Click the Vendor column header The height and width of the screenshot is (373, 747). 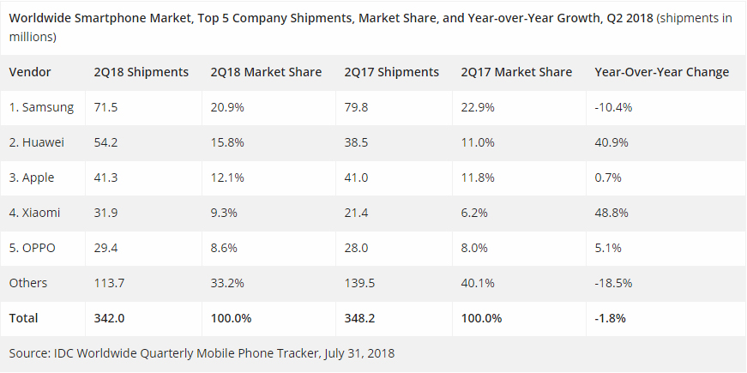click(30, 72)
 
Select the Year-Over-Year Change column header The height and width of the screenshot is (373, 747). click(661, 72)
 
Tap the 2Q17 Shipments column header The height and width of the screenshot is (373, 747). click(391, 72)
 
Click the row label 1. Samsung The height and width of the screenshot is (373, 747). click(41, 107)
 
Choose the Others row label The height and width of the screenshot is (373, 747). click(28, 283)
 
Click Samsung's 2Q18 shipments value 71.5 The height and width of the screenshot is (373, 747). click(106, 107)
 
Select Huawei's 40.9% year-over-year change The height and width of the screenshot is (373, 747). click(611, 142)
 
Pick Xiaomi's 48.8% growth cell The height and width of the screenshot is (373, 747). click(611, 213)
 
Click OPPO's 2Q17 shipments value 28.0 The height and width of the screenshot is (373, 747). click(356, 248)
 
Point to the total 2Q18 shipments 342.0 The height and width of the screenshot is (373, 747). click(110, 318)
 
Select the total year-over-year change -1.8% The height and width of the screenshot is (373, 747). click(610, 318)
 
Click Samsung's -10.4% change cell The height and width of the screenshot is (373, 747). click(613, 107)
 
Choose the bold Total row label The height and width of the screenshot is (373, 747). click(24, 318)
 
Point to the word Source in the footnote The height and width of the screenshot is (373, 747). click(29, 352)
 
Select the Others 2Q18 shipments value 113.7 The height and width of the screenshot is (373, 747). click(110, 283)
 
